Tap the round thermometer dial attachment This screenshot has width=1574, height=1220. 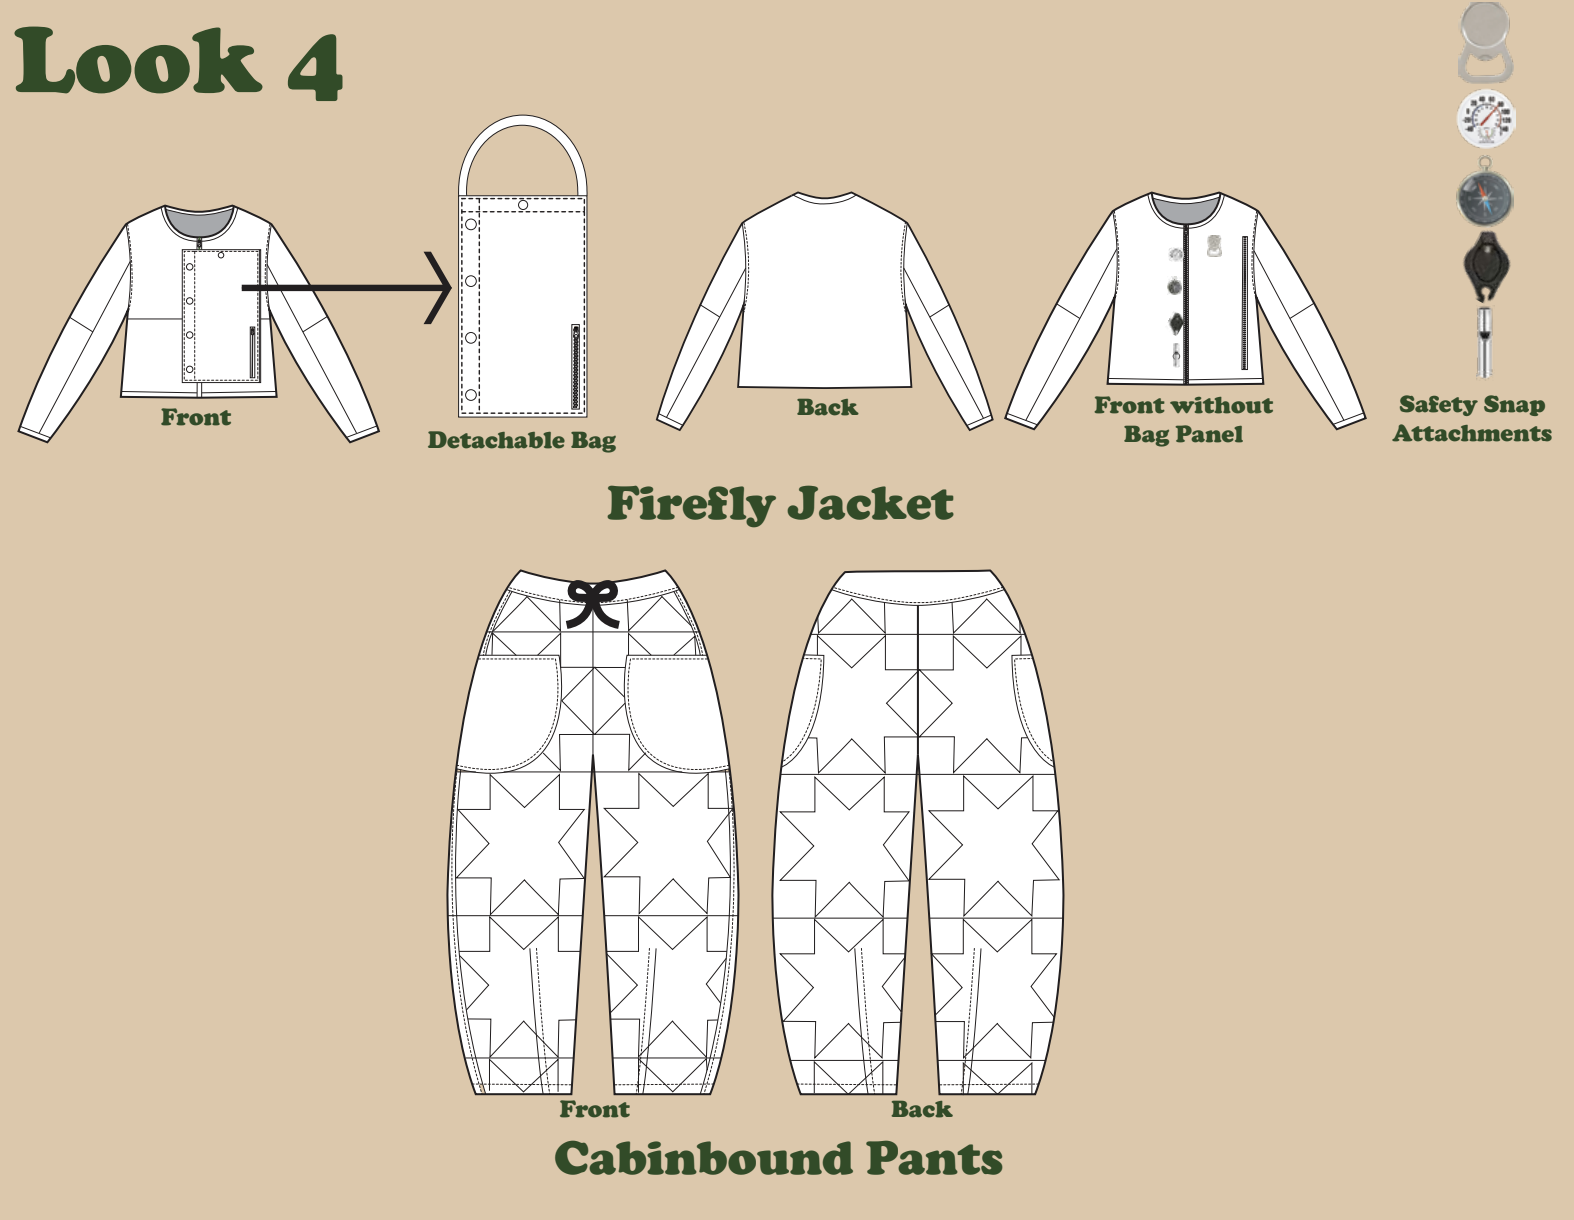1486,119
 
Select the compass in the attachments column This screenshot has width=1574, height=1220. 1485,197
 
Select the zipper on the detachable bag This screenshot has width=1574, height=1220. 576,367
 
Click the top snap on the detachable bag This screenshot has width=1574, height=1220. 523,205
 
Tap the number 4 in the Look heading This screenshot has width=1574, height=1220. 315,66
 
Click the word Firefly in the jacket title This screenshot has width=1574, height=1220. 690,503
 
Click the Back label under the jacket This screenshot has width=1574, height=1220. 827,407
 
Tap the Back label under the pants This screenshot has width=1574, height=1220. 921,1109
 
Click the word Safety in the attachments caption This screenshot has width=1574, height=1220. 1437,405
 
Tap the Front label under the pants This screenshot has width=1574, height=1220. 594,1109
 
